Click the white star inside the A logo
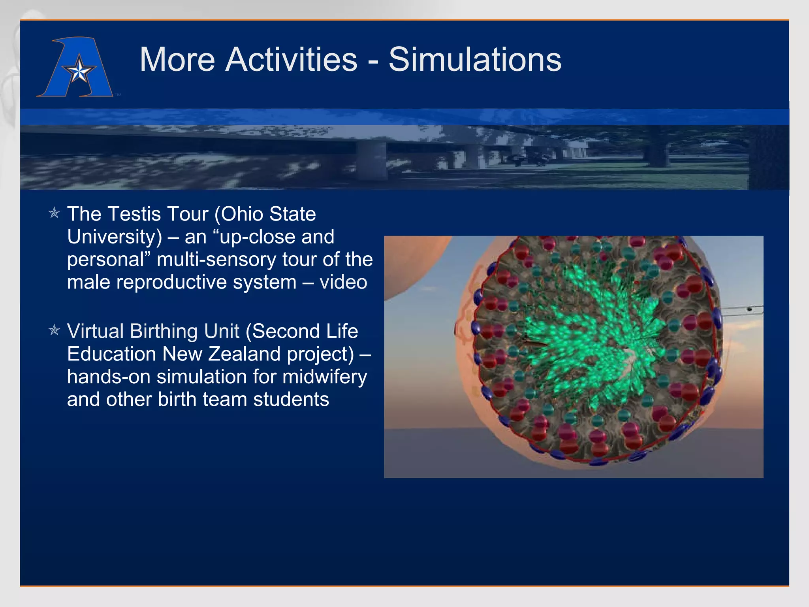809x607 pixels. point(79,71)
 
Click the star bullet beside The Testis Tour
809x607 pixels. point(54,213)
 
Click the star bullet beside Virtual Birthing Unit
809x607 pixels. point(54,330)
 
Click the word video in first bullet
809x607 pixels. point(343,282)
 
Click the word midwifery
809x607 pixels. point(325,377)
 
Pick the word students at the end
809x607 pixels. point(291,399)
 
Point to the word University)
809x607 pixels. point(115,237)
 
